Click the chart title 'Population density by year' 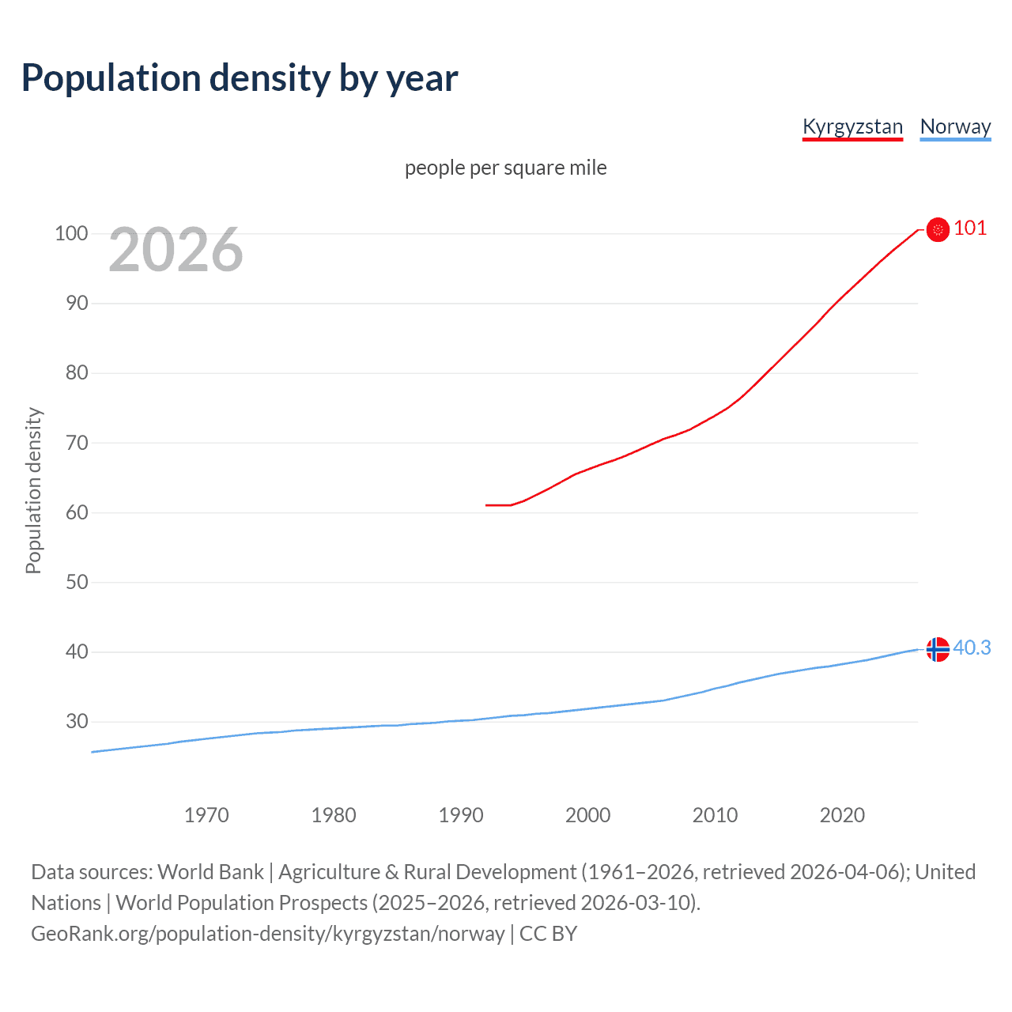[x=240, y=78]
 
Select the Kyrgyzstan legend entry [x=852, y=126]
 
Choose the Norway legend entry [x=955, y=126]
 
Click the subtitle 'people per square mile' [x=505, y=168]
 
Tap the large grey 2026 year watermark [x=176, y=250]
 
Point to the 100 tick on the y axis [x=70, y=233]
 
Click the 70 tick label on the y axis [x=76, y=443]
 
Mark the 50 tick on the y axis [x=76, y=583]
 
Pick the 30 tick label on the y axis [x=76, y=722]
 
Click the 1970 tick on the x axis [x=206, y=815]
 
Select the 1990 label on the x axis [x=461, y=815]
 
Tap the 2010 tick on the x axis [x=715, y=815]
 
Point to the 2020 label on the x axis [x=842, y=815]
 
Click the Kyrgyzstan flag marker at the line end [x=938, y=229]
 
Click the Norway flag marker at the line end [x=938, y=649]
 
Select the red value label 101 [x=970, y=228]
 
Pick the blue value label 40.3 [x=972, y=648]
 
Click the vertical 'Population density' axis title [x=33, y=490]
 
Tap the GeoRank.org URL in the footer [x=267, y=934]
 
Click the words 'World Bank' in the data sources [x=210, y=872]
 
